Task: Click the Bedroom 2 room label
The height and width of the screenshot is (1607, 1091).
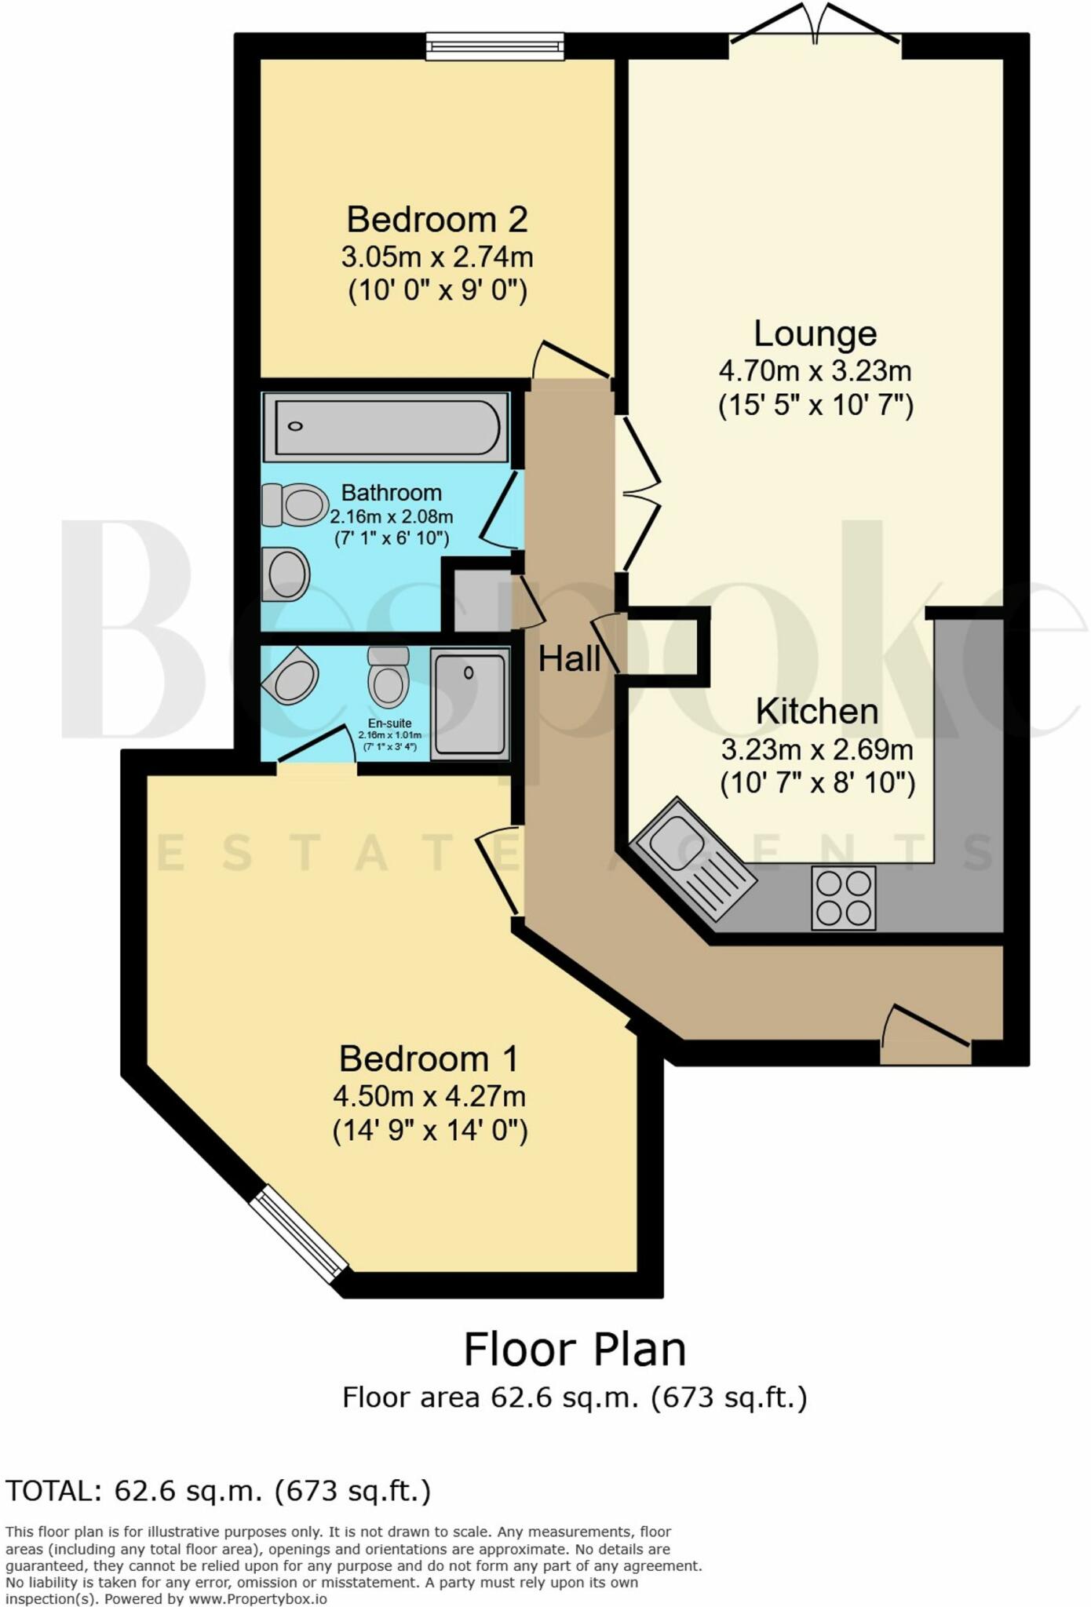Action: [436, 220]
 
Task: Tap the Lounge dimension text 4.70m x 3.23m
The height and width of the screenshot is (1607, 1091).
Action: [815, 370]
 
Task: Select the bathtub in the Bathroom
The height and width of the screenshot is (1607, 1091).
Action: [385, 427]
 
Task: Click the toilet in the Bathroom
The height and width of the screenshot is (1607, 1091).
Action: [295, 505]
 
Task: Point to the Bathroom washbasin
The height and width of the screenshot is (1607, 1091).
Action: [286, 574]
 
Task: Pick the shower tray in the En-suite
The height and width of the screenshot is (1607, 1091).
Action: [469, 703]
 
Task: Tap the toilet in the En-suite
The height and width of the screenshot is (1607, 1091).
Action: [389, 677]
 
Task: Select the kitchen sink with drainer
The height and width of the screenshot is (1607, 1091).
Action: [694, 859]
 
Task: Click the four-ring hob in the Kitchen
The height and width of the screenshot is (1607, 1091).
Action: [843, 898]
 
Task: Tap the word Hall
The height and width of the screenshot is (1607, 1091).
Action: [570, 659]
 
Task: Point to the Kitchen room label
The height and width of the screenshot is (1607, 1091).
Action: [816, 712]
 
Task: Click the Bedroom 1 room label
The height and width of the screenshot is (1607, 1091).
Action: [429, 1059]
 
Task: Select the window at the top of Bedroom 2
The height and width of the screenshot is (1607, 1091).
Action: [495, 46]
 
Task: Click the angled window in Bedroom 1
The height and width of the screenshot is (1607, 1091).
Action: [299, 1233]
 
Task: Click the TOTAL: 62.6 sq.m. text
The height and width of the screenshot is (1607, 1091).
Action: [218, 1490]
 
